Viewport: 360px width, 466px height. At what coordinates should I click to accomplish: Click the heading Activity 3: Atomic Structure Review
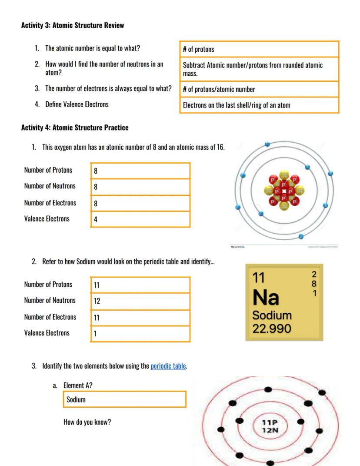72,25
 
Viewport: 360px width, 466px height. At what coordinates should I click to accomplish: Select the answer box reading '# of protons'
259,49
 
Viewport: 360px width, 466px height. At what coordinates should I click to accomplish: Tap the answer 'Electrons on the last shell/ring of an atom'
259,105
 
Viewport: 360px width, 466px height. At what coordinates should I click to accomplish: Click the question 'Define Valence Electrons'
77,104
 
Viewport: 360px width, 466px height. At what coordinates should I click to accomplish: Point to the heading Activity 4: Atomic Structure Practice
75,127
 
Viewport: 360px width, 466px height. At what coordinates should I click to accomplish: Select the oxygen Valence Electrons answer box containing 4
141,219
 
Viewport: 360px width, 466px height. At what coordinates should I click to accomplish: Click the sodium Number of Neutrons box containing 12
141,301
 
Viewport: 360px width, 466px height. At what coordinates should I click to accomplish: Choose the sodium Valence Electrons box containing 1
141,334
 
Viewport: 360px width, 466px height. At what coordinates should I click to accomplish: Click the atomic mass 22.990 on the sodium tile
272,327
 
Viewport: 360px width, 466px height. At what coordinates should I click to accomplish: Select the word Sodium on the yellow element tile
272,315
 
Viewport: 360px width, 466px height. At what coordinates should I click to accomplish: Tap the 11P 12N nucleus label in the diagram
270,426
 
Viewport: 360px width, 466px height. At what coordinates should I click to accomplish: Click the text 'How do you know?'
87,422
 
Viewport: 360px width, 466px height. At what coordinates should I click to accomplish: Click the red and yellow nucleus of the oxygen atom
284,191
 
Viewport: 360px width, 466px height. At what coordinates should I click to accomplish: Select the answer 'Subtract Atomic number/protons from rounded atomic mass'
259,69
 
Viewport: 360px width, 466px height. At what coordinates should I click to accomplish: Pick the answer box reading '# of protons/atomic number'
259,89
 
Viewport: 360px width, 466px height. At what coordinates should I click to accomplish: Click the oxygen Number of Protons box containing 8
141,171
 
